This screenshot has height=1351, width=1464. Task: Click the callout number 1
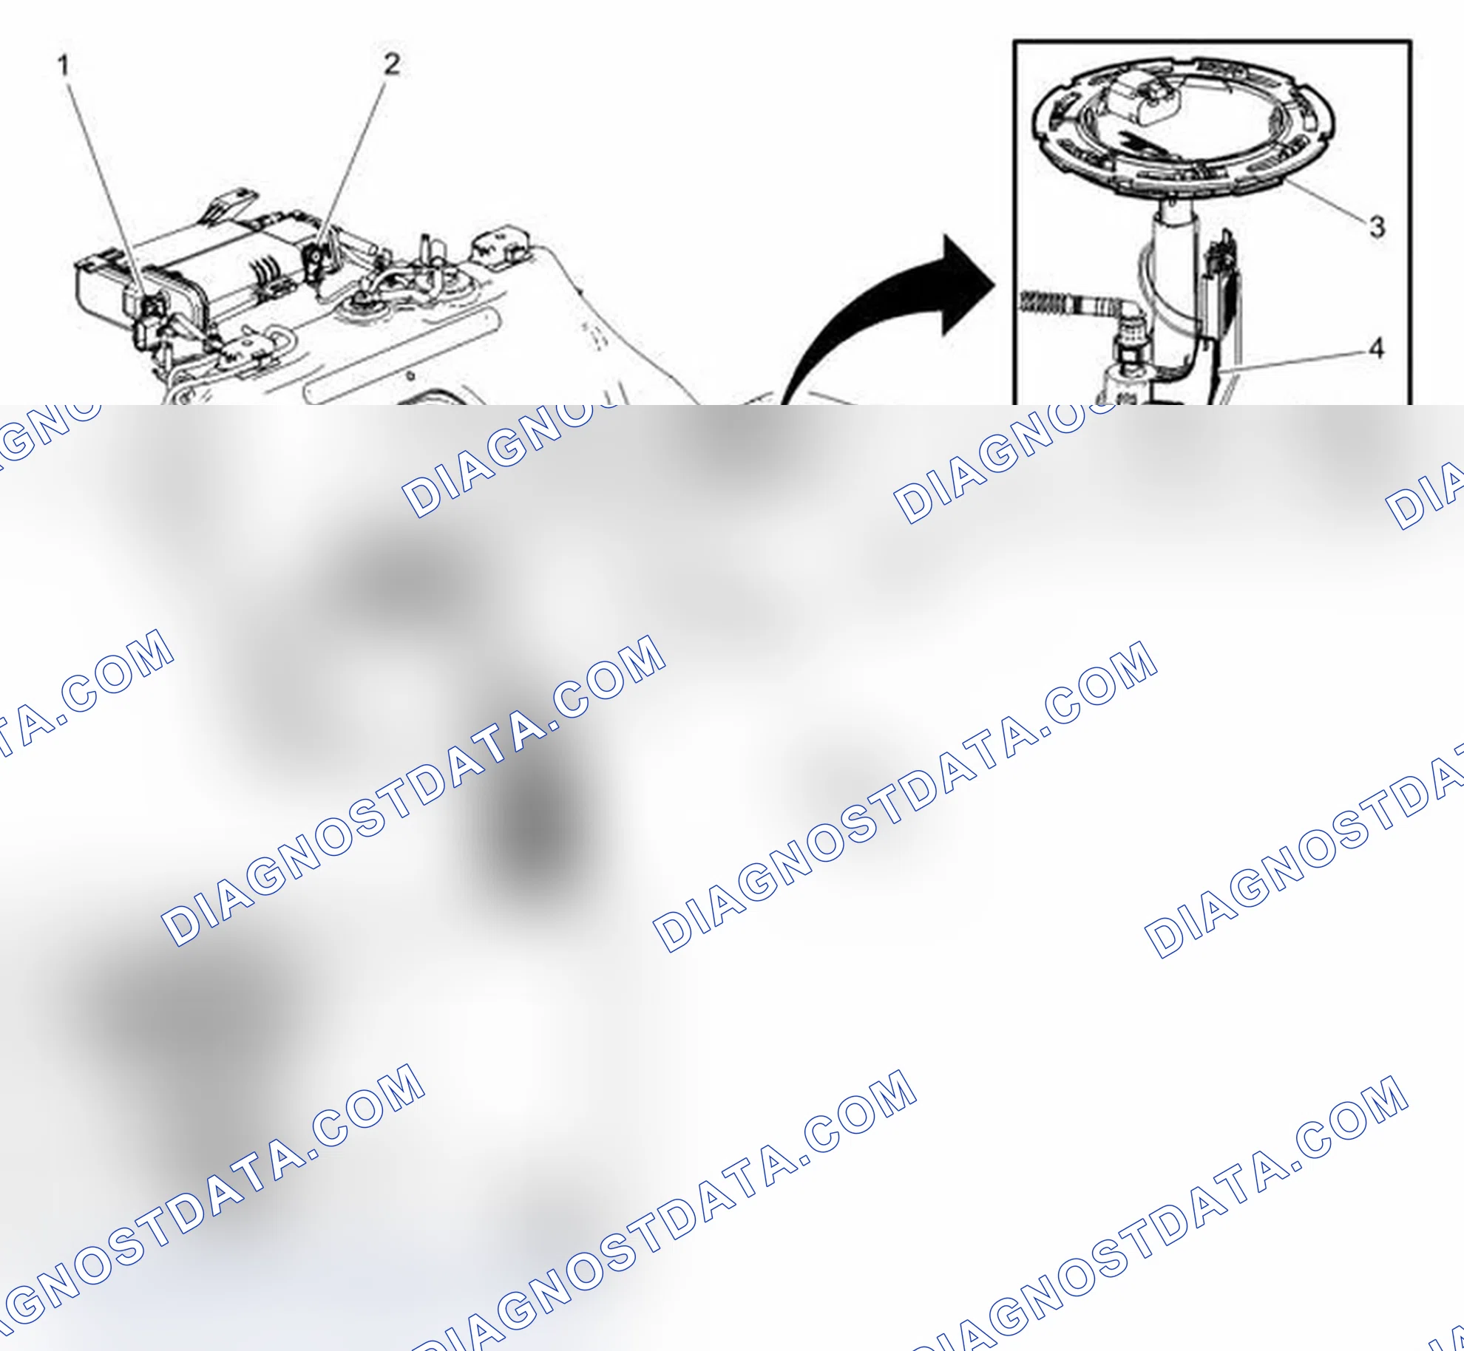click(64, 66)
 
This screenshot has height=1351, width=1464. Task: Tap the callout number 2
click(392, 64)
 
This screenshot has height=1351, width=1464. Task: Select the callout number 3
click(1377, 226)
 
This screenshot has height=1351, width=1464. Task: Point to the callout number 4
click(1376, 348)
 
